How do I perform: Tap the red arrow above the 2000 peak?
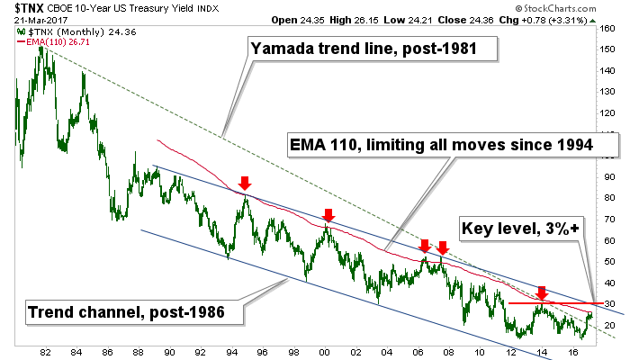[x=328, y=215]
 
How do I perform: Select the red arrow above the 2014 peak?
[x=541, y=292]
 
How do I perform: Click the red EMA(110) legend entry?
[x=54, y=40]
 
